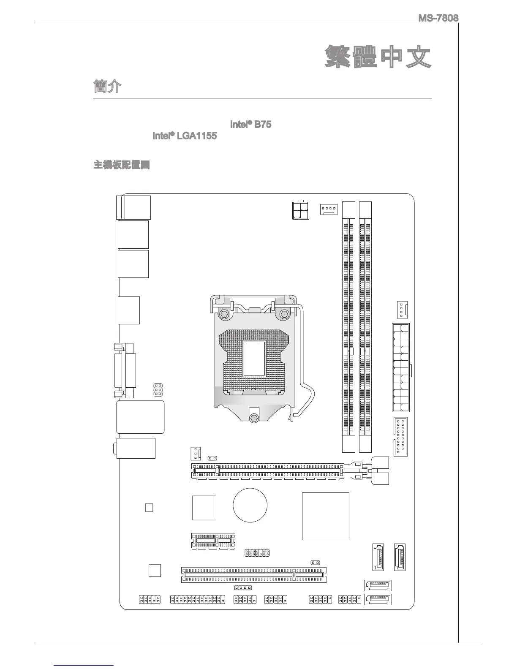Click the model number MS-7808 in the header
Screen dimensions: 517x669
coord(438,18)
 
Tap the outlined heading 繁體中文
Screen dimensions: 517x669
coord(378,57)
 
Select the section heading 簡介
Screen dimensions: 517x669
coord(107,87)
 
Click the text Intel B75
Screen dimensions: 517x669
coord(250,125)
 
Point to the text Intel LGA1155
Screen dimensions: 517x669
coord(185,136)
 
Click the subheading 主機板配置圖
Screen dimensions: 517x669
coord(122,165)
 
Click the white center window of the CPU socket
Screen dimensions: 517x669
coord(254,358)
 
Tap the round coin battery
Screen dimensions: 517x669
coord(250,505)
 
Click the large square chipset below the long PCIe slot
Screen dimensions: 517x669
coord(325,516)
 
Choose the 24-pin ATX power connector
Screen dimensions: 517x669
coord(400,367)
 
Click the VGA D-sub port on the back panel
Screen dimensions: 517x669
coord(125,370)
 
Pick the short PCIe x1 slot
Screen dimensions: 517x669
coord(213,541)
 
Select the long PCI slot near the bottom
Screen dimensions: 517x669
coord(254,575)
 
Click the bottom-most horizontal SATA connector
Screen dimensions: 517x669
coord(378,599)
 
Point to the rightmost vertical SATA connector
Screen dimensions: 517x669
coord(400,557)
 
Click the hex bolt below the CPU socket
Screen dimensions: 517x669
coord(253,417)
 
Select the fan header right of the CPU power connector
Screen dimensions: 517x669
coord(329,209)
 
